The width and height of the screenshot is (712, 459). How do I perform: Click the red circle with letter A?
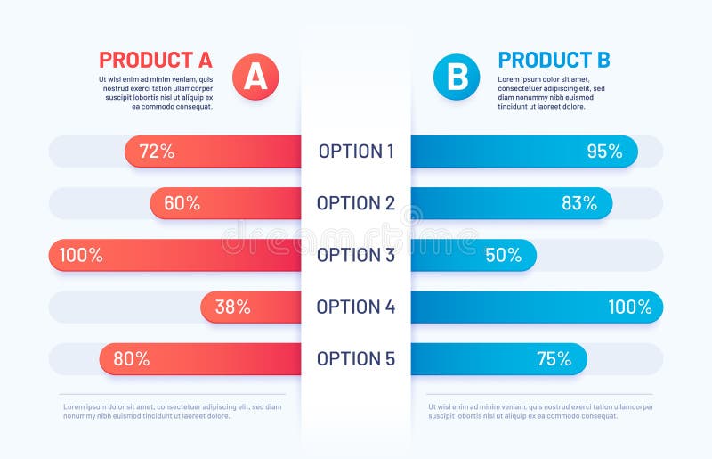pos(255,77)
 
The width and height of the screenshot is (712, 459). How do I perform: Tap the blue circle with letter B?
pos(457,77)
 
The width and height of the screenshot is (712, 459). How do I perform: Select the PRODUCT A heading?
pos(156,60)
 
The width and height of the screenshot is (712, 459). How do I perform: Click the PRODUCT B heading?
pos(554,60)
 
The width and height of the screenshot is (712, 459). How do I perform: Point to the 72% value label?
pos(157,152)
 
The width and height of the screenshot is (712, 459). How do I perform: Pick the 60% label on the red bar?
pos(182,203)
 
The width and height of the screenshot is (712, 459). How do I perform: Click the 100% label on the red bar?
pos(81,255)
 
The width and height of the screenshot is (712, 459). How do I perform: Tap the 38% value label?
pos(232,307)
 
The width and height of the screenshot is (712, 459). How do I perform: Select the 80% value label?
pos(132,358)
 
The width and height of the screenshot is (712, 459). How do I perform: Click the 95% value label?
pos(604,152)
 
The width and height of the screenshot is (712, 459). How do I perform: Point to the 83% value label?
pos(579,203)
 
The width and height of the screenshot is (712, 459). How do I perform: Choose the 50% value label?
pos(504,255)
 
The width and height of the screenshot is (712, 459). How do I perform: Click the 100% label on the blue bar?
pos(630,307)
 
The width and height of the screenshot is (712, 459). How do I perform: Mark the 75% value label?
pos(554,358)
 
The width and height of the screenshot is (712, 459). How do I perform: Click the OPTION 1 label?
pos(356,152)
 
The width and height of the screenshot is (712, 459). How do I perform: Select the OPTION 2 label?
pos(356,203)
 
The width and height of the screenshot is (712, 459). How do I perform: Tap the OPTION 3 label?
pos(356,255)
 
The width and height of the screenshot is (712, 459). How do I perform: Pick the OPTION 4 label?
pos(356,307)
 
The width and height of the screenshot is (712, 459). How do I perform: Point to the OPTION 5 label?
pos(356,358)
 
